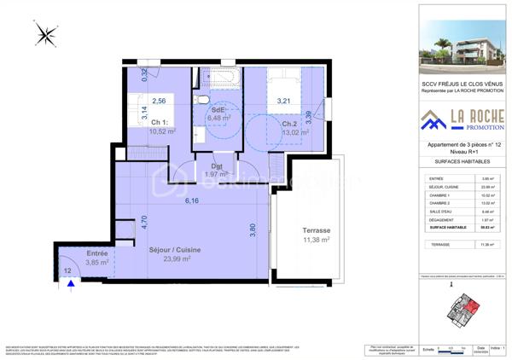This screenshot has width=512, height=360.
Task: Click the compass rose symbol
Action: (46, 34)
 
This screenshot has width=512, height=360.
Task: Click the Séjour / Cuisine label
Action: (175, 250)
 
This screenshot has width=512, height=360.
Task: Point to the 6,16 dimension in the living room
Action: (198, 201)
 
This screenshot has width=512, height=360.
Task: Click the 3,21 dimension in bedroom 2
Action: (284, 102)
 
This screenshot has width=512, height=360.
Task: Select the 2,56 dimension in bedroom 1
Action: (159, 101)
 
